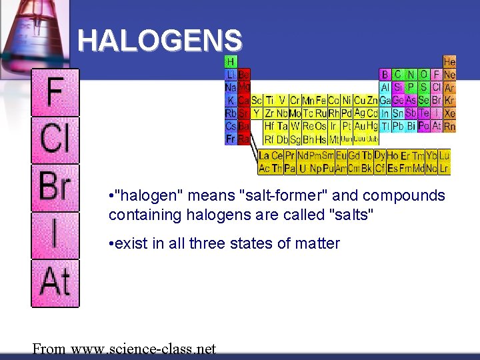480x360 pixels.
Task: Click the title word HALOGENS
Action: point(160,41)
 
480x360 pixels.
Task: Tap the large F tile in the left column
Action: point(55,93)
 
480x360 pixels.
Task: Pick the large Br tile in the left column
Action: point(55,187)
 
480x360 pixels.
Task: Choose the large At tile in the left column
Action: point(55,282)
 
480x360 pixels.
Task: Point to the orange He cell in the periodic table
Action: point(450,61)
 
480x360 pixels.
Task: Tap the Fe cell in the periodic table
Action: point(321,100)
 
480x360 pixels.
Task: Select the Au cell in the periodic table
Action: point(359,126)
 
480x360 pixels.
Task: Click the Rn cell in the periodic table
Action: point(450,126)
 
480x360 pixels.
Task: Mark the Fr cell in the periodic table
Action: point(231,139)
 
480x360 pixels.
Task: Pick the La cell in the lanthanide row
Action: point(265,155)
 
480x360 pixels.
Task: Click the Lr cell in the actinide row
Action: point(444,169)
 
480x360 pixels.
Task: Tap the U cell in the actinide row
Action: point(303,169)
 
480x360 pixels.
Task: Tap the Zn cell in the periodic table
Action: point(373,100)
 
